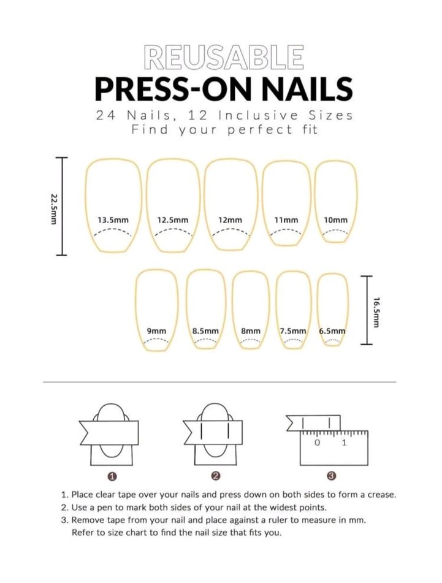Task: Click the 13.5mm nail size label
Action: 113,220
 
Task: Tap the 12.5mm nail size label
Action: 173,220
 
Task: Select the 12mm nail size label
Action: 230,220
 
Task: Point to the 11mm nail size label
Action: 286,220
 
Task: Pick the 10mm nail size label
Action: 336,220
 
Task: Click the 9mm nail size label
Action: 157,331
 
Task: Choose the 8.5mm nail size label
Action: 205,331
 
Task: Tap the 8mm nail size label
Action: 251,331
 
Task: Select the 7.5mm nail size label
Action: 293,331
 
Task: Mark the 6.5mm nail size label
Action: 332,331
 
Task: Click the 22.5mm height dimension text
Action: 53,208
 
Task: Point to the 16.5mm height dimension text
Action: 376,312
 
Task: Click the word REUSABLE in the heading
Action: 224,57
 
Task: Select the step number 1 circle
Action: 112,476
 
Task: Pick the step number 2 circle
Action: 216,476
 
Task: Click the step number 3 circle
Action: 332,476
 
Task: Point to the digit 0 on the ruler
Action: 317,443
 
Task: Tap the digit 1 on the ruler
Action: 344,443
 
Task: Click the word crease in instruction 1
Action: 382,495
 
